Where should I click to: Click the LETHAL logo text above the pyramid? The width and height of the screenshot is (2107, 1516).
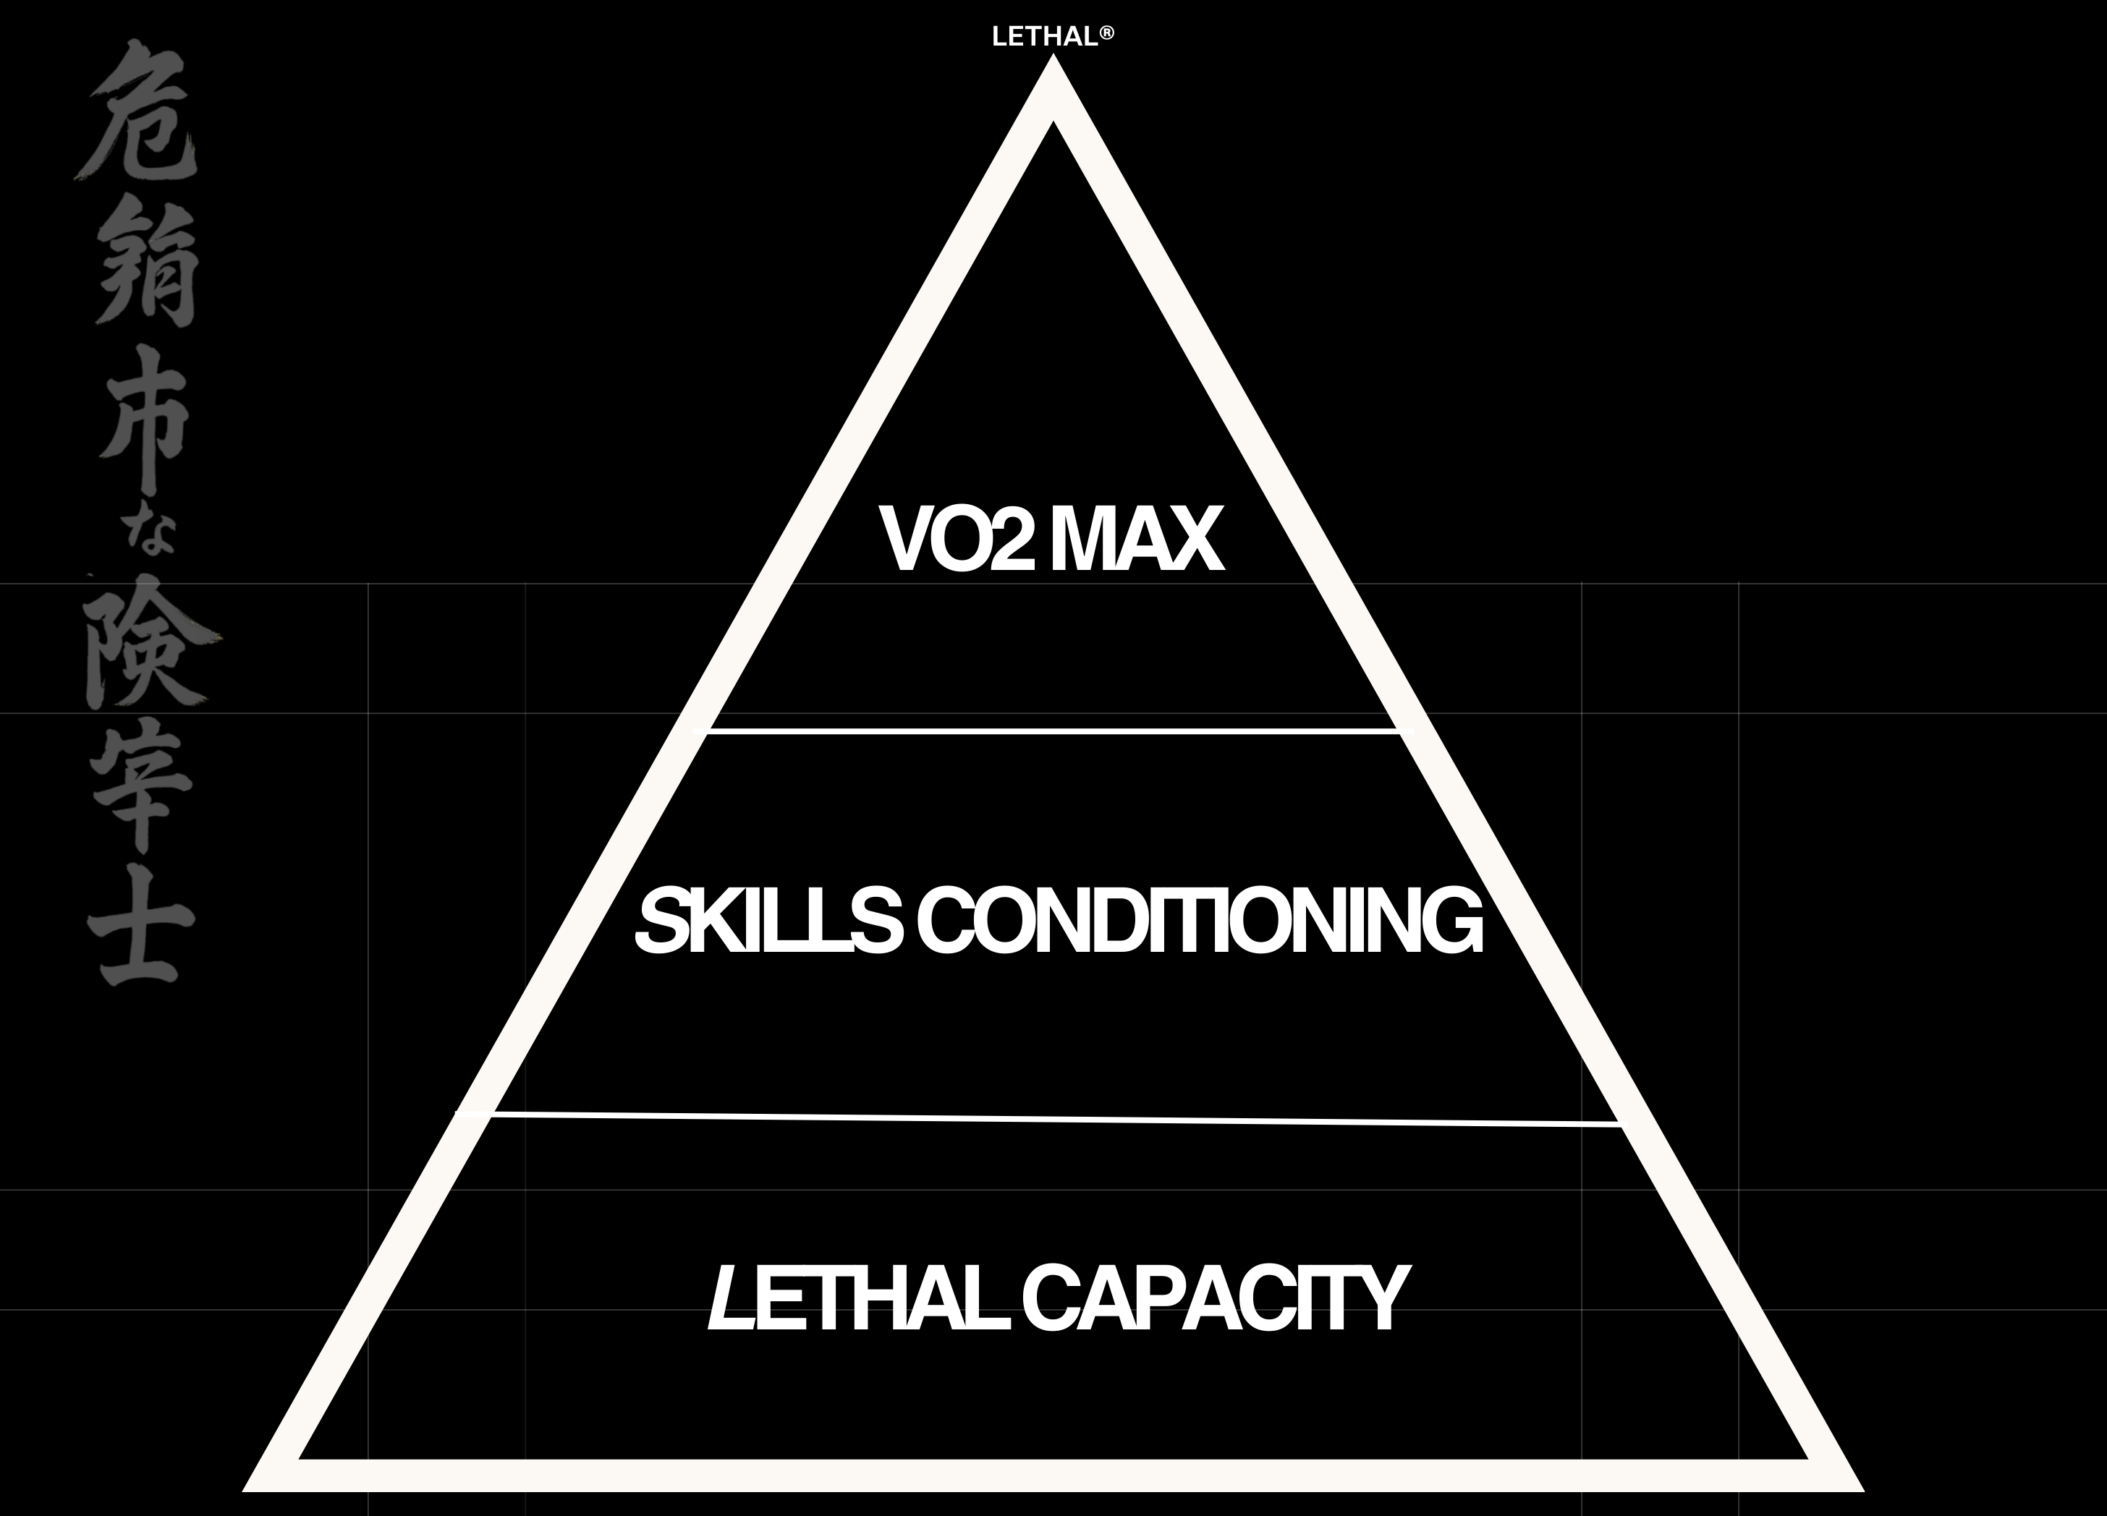click(x=1044, y=37)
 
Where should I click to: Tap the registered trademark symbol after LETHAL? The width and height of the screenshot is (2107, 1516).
click(x=1106, y=33)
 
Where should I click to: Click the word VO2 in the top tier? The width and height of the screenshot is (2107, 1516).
click(x=957, y=540)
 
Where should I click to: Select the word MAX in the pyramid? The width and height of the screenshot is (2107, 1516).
click(x=1136, y=540)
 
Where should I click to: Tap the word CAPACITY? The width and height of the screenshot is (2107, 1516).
click(x=1214, y=1298)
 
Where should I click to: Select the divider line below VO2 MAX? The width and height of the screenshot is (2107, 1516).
click(x=1053, y=731)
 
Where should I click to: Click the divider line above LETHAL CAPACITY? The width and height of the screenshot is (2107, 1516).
click(x=1053, y=1118)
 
